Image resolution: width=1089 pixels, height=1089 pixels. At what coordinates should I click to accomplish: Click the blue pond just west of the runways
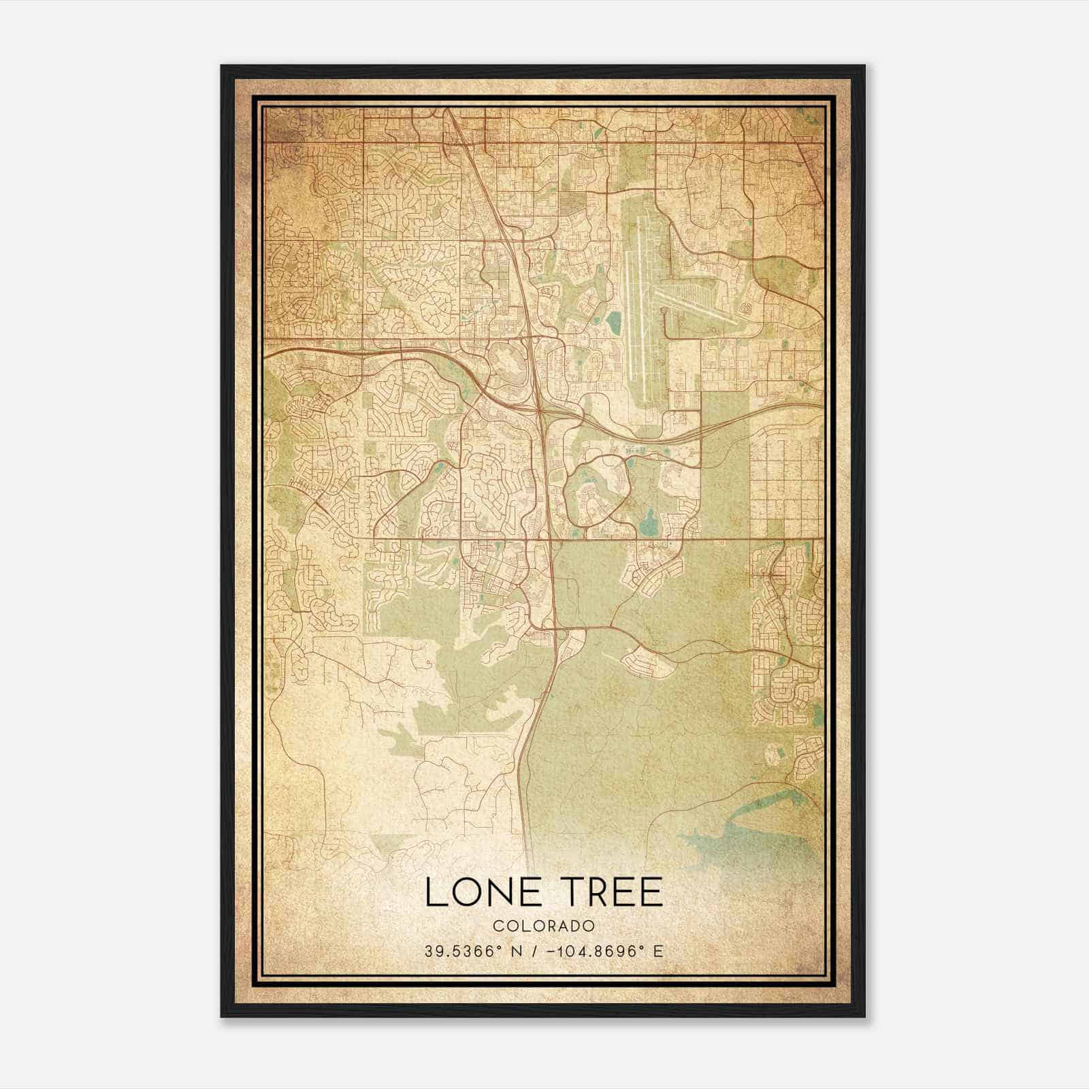[x=613, y=320]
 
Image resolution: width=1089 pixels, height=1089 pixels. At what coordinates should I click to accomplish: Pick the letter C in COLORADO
[x=498, y=926]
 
